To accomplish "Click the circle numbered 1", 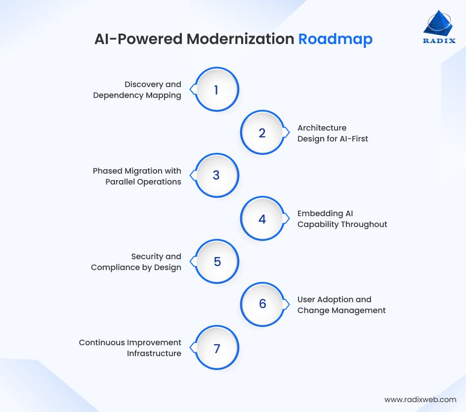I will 216,90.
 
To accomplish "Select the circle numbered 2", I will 262,133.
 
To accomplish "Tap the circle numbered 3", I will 216,176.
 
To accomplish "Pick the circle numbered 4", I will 262,219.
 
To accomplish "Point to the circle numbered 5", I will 216,262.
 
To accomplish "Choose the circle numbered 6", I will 262,304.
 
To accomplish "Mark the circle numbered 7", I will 216,348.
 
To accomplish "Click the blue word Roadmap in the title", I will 335,39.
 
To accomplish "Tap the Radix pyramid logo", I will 438,23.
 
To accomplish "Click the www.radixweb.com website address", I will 420,399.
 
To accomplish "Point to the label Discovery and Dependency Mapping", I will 137,90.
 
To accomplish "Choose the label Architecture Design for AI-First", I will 333,133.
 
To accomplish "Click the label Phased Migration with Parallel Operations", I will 137,176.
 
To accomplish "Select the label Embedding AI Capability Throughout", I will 342,219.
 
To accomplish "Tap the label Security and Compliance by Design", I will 136,262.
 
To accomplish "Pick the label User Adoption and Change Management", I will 341,305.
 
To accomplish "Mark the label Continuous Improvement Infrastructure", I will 130,348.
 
